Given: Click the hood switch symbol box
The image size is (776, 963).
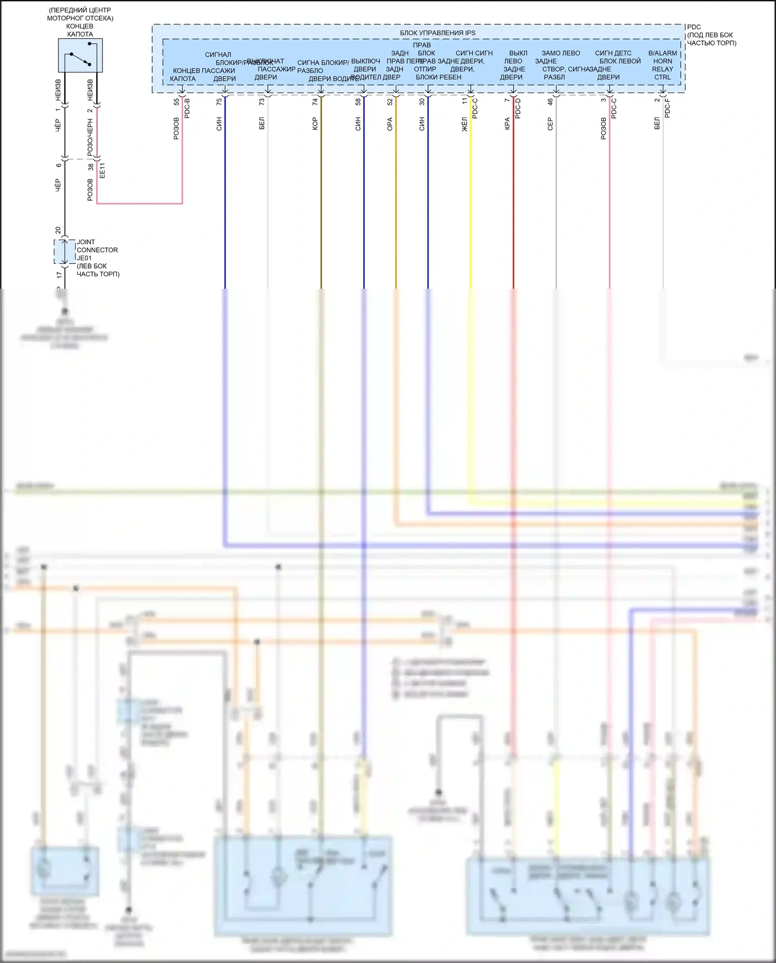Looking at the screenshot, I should pos(80,55).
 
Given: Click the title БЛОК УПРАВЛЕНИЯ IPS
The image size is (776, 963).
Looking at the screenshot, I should pos(437,33).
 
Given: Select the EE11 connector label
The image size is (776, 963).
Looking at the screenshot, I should pos(102,170).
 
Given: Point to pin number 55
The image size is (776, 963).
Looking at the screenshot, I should pos(176,102).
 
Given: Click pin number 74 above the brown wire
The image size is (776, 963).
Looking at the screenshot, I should pos(315,102).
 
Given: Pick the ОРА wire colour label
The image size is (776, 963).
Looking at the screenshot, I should pos(390,124).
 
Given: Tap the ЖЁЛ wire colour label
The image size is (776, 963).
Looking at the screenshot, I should pos(465,124).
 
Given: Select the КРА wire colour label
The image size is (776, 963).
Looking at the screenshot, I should pos(508,124).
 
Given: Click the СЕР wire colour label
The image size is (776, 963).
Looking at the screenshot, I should pos(550,124).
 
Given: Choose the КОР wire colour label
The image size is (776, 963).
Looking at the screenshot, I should pos(315,124).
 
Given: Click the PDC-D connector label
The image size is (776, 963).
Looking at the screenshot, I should pos(518,108).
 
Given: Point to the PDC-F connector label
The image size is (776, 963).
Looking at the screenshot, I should pos(667,108).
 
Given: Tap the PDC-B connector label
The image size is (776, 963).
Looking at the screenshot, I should pos(187,108).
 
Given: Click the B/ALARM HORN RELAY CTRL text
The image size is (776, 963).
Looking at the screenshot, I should pos(663,65).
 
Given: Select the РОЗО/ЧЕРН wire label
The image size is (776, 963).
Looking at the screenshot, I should pos(90,137).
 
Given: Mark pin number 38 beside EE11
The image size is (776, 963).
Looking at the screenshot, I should pos(91,167).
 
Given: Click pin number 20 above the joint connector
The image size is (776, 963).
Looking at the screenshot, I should pos(58,230).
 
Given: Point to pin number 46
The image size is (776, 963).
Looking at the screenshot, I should pos(550,102).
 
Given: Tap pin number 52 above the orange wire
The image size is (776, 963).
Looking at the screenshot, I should pos(390,102).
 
